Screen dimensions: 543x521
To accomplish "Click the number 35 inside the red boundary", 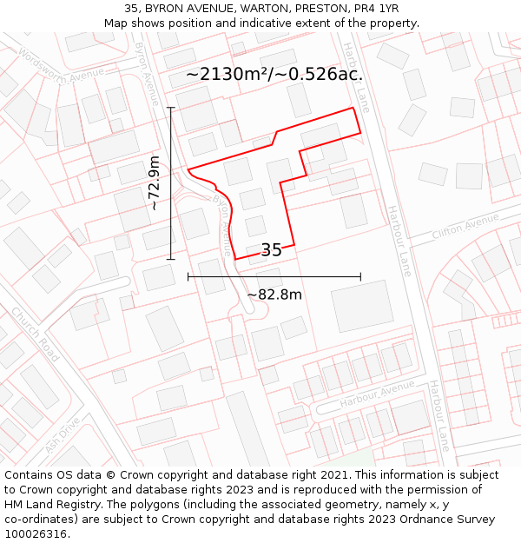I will [x=271, y=250].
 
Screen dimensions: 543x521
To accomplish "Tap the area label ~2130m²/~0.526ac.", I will [x=274, y=75].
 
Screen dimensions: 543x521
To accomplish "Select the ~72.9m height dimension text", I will [x=154, y=182].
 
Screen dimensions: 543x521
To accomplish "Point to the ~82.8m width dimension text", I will [x=274, y=295].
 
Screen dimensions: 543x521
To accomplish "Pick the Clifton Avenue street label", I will [x=465, y=228].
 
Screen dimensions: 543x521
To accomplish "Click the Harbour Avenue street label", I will [x=378, y=394].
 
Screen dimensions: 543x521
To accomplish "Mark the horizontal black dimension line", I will [x=274, y=277].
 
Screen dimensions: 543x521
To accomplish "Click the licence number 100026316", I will [x=36, y=533].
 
